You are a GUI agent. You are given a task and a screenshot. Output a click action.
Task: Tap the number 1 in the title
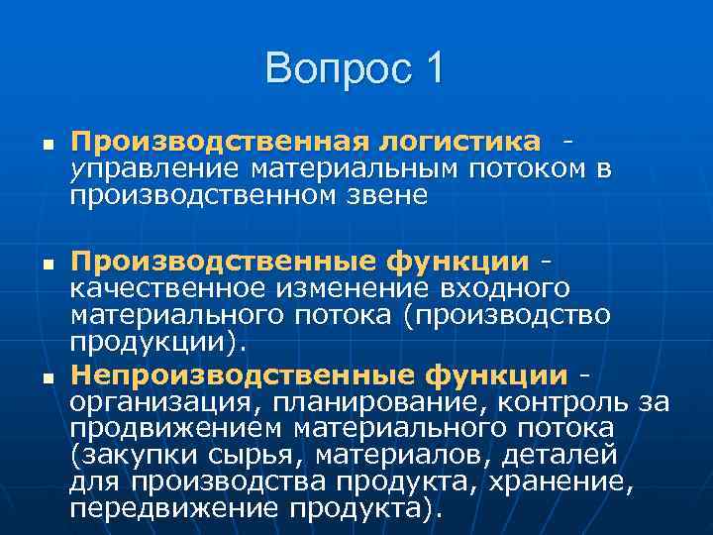click(434, 69)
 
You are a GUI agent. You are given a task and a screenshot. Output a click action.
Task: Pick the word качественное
click(165, 287)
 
